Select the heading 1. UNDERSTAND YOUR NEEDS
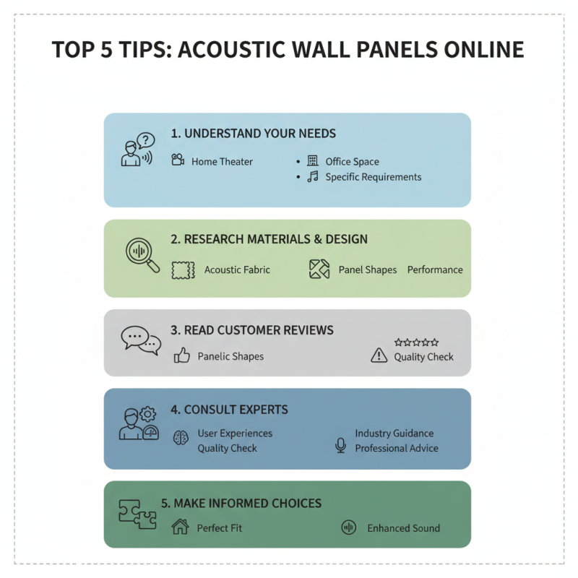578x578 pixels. [253, 134]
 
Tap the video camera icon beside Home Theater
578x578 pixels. [178, 160]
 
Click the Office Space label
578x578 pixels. [352, 162]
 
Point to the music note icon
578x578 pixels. [313, 177]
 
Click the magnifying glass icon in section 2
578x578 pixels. [142, 255]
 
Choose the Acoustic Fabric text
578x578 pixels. [237, 269]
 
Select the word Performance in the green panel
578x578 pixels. [435, 269]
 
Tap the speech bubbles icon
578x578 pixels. [140, 340]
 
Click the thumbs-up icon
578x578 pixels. [181, 355]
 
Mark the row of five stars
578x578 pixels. [416, 342]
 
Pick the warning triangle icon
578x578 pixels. [379, 355]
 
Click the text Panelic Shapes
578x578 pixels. [230, 356]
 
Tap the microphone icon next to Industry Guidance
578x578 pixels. [340, 444]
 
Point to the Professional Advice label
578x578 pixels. [396, 448]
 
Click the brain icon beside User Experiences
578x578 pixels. [181, 438]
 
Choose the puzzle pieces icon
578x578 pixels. [137, 514]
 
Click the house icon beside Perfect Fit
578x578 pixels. [180, 527]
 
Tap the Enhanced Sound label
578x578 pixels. [403, 528]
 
